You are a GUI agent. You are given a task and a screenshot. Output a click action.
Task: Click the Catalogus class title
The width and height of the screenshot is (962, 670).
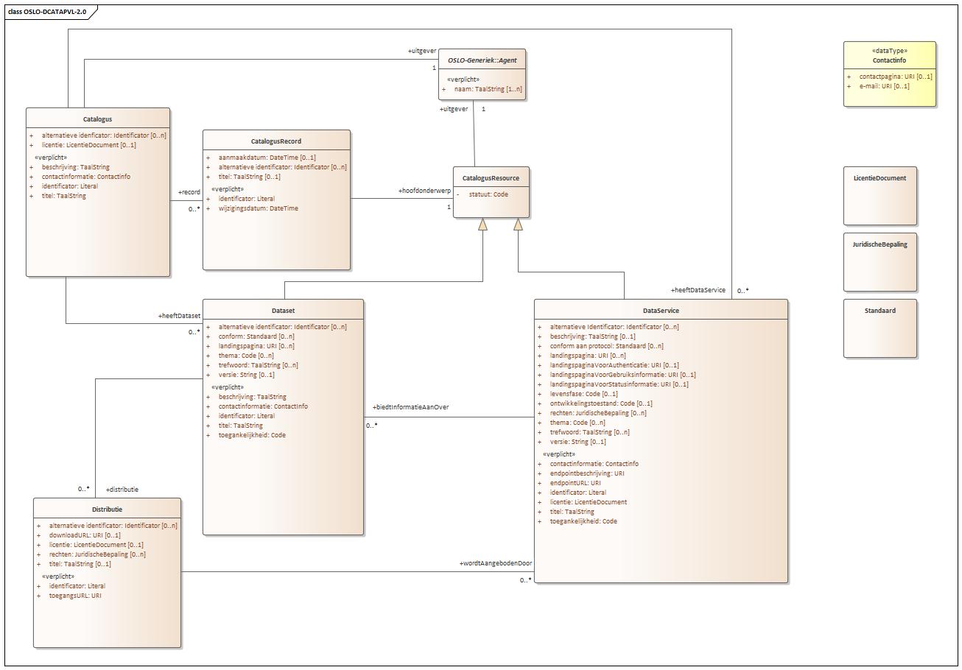(97, 119)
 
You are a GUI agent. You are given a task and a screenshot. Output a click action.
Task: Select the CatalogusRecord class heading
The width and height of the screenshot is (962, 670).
(276, 141)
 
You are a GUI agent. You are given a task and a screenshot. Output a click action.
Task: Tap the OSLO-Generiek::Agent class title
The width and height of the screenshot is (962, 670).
(482, 60)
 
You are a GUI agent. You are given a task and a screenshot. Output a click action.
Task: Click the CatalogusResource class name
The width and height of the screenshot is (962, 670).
(491, 178)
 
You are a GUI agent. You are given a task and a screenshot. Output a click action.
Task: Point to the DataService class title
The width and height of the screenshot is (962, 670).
(661, 311)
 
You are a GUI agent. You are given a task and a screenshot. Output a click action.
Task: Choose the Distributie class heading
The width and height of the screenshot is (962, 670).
(108, 509)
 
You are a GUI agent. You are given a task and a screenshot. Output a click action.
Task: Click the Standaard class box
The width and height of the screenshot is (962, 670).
(880, 328)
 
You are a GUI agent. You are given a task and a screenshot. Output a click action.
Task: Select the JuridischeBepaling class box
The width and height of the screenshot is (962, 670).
(880, 261)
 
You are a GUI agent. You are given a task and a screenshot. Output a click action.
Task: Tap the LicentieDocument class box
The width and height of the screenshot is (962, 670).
(880, 195)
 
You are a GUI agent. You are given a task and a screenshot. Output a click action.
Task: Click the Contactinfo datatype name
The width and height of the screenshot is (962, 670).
(889, 60)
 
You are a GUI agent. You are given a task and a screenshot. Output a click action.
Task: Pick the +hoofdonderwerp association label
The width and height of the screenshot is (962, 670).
(424, 191)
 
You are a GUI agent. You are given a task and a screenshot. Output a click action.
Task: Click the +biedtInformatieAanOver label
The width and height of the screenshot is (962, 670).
(411, 407)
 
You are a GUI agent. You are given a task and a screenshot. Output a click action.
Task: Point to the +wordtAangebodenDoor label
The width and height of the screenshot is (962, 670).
(495, 563)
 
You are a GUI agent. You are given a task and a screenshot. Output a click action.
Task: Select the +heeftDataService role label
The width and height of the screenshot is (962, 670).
(698, 290)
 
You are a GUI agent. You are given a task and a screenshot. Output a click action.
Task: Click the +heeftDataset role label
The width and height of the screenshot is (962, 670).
(179, 316)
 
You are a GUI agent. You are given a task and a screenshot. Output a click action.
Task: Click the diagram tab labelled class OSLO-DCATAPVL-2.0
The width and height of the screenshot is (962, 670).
(48, 12)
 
